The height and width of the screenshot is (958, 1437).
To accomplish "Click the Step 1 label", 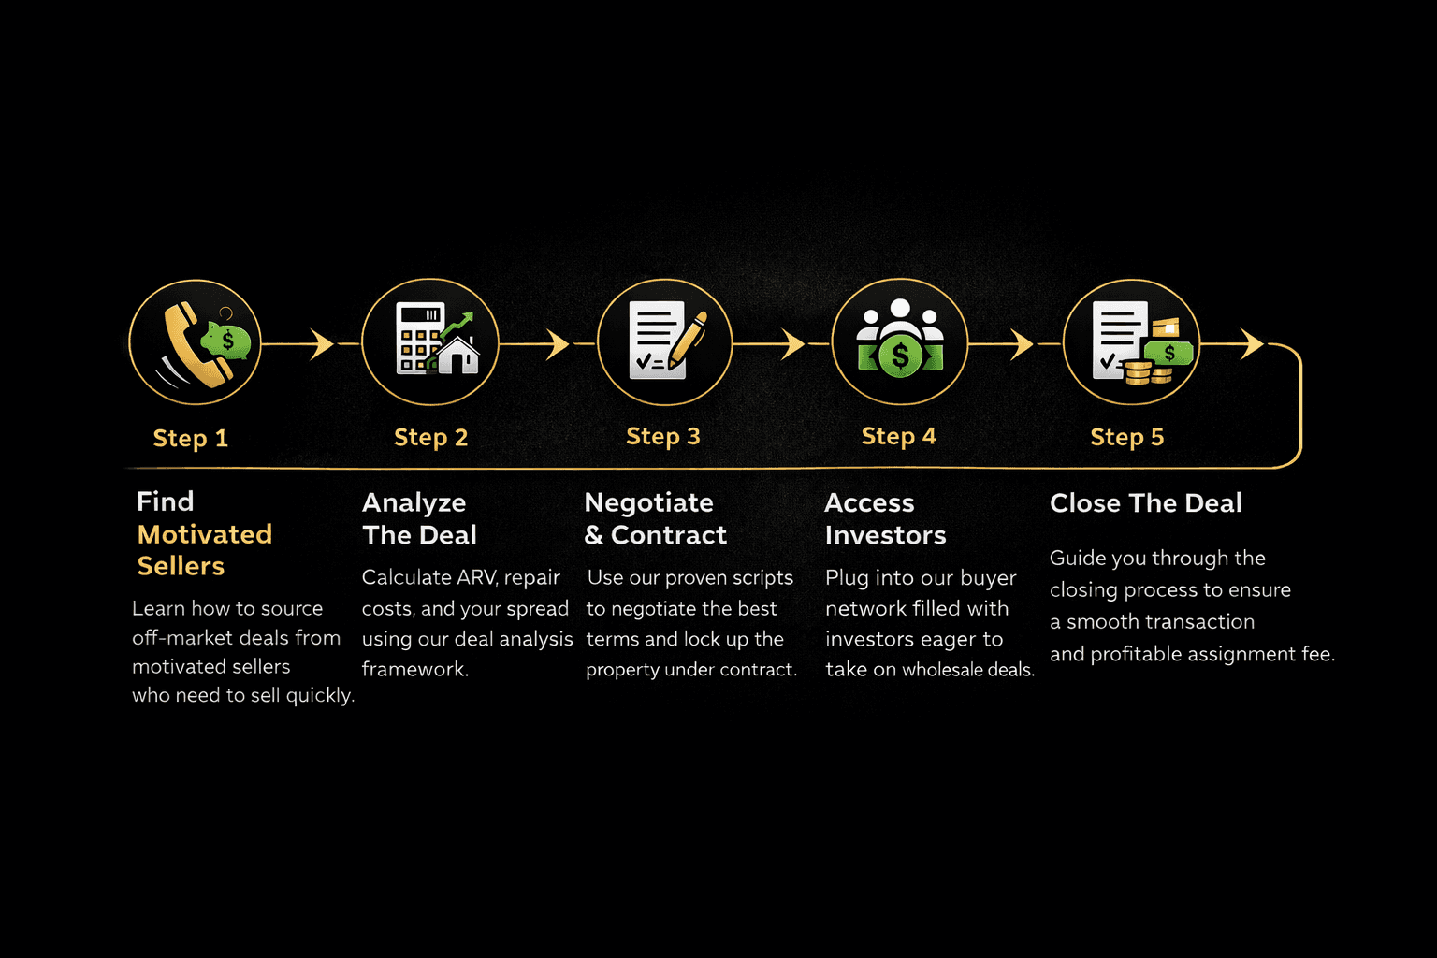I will click(190, 438).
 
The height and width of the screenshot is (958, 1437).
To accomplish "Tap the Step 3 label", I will click(662, 436).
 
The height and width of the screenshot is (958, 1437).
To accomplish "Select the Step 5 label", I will click(1126, 437).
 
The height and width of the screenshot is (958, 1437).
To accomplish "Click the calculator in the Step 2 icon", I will click(417, 338).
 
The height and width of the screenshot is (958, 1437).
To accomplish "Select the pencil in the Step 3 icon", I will click(689, 341).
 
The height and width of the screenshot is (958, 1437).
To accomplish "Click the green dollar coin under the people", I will click(900, 356).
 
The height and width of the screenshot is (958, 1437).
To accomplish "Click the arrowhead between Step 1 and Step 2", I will click(322, 344).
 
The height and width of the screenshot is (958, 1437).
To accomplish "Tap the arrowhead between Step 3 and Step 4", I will click(792, 344).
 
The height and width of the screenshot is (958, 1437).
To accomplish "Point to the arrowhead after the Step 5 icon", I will click(1252, 344).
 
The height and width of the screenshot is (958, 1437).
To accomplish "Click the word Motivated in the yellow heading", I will click(204, 534).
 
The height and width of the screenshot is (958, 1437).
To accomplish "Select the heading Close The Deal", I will click(1145, 503).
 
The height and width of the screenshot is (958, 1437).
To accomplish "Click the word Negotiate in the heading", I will click(648, 503).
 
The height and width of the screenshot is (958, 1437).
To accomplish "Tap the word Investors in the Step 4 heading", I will click(885, 535).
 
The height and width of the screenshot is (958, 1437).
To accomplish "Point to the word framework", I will click(414, 669).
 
